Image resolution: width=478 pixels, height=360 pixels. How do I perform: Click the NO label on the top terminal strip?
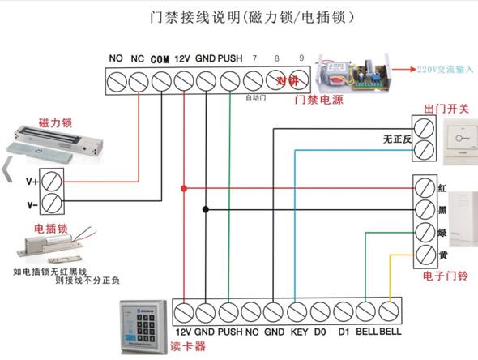pos(116,58)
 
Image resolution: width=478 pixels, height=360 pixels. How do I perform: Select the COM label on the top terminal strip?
pos(160,59)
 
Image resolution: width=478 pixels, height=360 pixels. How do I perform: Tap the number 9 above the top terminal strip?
pos(301,58)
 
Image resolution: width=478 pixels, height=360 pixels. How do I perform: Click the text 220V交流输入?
pos(445,70)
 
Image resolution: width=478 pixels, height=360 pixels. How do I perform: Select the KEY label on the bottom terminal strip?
pos(297,332)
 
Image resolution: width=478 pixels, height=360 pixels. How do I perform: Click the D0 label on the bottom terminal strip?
pos(320,332)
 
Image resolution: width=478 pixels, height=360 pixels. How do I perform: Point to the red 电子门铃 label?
pos(445,277)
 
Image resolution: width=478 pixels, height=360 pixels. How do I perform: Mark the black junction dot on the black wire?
pos(206,210)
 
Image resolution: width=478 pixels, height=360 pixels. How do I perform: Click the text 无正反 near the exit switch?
pos(398,139)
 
